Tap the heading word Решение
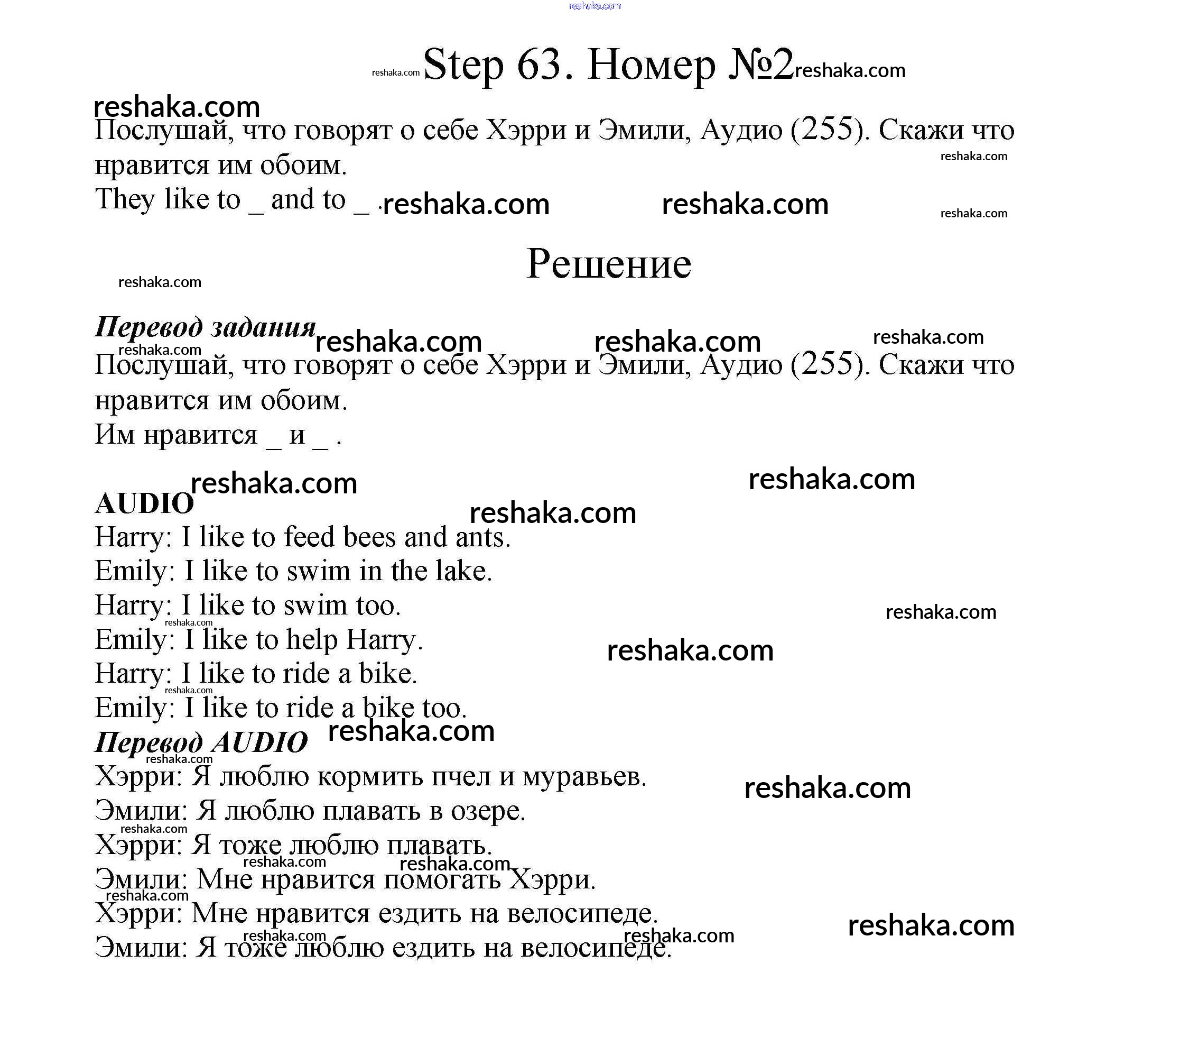608,264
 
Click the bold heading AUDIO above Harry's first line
144,504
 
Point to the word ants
481,537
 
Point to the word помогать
442,879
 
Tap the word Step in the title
463,65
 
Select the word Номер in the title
652,65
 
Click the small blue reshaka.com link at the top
594,6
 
